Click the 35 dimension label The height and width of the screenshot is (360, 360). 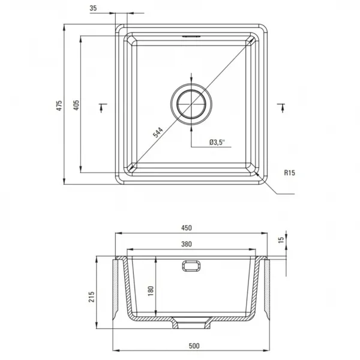pos(93,8)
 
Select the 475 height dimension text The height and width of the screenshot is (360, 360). pos(59,106)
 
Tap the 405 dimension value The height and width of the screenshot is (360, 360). pos(76,104)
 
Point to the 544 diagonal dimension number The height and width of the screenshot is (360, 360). pos(158,133)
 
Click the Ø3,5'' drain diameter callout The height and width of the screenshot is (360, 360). pos(217,142)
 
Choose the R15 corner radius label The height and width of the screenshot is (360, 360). pos(290,173)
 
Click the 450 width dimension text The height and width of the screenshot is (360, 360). pos(187,228)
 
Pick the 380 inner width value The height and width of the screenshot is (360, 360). pos(187,244)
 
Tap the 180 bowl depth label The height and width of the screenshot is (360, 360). pos(151,291)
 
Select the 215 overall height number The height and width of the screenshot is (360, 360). pos(92,296)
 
